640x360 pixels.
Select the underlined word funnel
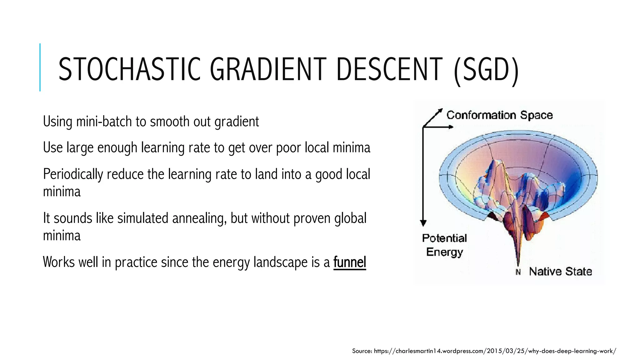coord(350,262)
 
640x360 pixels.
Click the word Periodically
coord(73,174)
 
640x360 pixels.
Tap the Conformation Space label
coord(499,115)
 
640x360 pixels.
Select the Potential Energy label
coord(444,245)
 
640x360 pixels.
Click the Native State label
coord(560,272)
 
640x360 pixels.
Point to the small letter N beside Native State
coord(518,272)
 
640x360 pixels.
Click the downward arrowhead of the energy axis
coord(423,223)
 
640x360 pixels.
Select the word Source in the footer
coord(362,351)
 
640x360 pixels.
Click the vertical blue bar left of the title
coord(40,67)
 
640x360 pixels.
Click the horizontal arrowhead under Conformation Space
coord(451,127)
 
